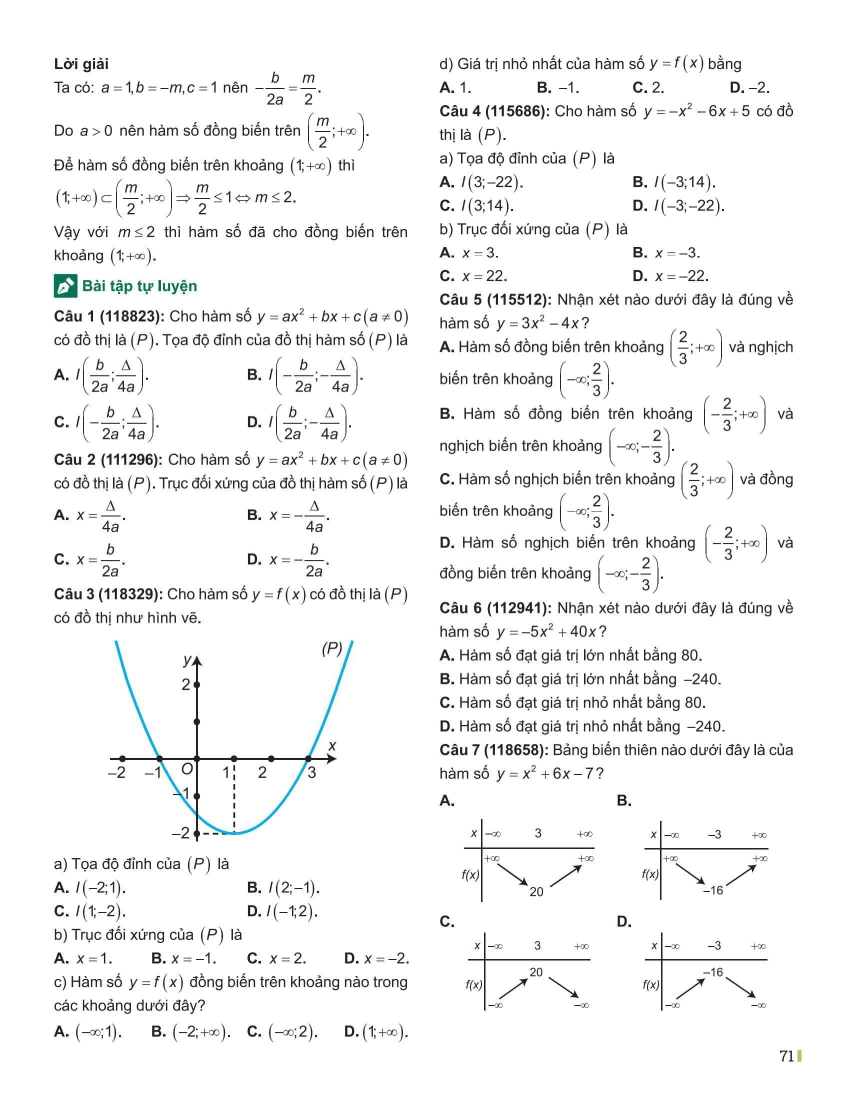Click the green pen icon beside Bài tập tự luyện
(x=65, y=286)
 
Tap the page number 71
(x=786, y=1055)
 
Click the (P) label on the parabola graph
(x=332, y=648)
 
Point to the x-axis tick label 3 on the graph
(x=311, y=772)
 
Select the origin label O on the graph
(x=187, y=769)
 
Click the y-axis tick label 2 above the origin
(x=186, y=684)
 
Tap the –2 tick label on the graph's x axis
(x=117, y=772)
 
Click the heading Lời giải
(x=81, y=64)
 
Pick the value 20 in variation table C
(x=536, y=972)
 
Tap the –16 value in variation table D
(x=713, y=972)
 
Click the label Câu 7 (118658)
(x=493, y=750)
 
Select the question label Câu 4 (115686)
(x=493, y=111)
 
